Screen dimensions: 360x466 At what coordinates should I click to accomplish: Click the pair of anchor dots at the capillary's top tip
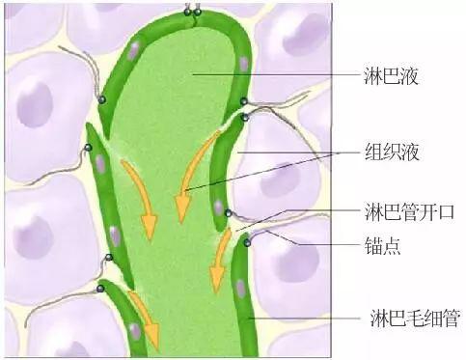tap(193, 13)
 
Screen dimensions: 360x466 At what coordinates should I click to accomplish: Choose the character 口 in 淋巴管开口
tap(446, 211)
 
